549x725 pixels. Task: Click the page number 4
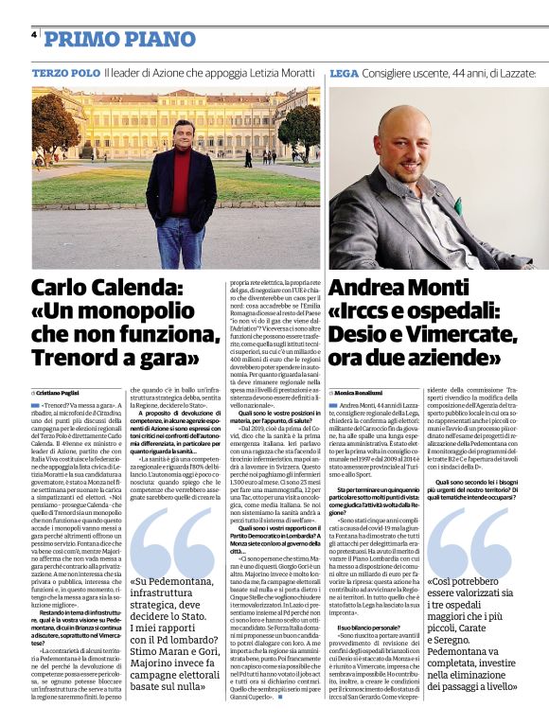click(x=35, y=35)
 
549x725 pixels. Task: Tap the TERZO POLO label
click(x=65, y=73)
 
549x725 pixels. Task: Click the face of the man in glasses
click(x=185, y=138)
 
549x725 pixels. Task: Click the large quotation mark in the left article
click(x=174, y=536)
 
